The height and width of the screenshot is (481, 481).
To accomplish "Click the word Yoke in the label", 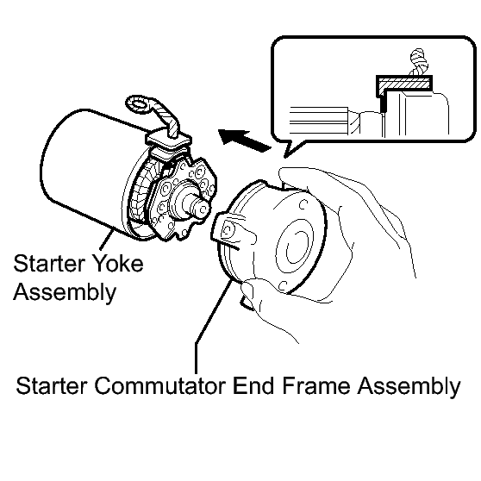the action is pos(117,263).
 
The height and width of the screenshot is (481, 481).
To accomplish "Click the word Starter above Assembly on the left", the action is pos(49,263).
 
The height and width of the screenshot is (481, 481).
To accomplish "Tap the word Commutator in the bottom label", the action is pos(160,385).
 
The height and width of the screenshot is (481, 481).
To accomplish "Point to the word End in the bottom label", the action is pos(253,385).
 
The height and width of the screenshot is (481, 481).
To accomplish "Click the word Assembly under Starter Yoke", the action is pos(65,291).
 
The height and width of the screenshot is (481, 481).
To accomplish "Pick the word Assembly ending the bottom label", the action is pos(409,386).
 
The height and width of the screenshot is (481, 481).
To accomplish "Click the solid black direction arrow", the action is pos(245,141).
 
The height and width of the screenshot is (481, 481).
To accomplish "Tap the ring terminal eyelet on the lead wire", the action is pos(139,104).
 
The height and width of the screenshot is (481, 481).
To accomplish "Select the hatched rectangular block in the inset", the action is pos(404,83).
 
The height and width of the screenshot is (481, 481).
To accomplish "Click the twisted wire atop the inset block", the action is pos(419,62).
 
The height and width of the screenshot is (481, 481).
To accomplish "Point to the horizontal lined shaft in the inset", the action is pos(319,121).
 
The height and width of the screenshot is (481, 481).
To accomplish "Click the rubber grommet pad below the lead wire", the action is pos(169,140).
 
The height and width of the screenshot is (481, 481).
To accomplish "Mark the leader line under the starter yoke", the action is pos(106,240).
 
